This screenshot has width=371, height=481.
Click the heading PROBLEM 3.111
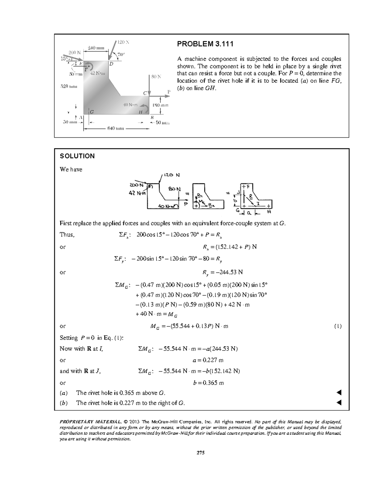tap(205, 44)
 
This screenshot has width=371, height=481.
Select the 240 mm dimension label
tap(96, 48)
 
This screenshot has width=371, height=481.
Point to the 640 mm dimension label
tap(116, 129)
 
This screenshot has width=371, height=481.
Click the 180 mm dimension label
tap(161, 105)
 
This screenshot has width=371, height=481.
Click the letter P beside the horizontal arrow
tap(169, 92)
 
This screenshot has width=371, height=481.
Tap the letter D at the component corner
tap(111, 64)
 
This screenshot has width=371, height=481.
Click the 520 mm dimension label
tap(68, 86)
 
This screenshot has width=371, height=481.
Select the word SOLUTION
tap(77, 156)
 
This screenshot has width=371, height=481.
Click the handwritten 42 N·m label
tap(137, 193)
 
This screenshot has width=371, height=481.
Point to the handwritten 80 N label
tap(174, 189)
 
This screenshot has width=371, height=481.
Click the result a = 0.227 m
tap(208, 360)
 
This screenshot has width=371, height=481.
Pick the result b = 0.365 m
tap(208, 383)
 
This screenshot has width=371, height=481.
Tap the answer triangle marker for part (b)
tap(339, 403)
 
